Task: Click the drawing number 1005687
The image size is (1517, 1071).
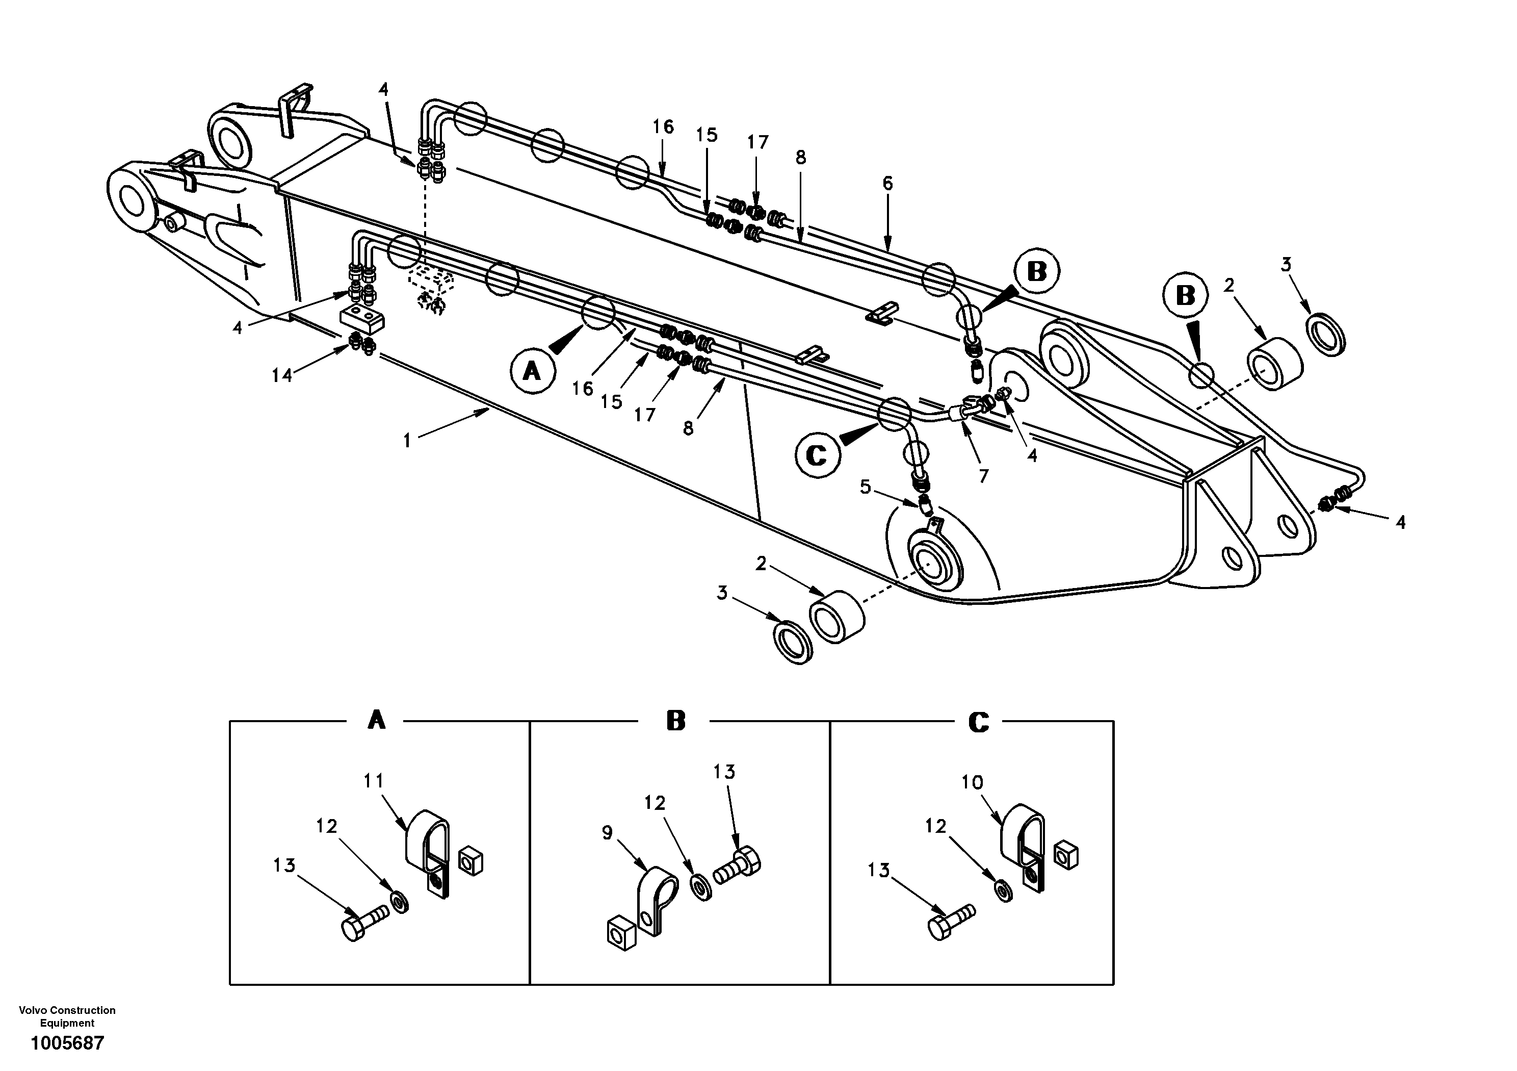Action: tap(67, 1043)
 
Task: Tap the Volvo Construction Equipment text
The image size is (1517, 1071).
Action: tap(67, 1016)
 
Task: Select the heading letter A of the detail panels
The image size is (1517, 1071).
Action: tap(376, 720)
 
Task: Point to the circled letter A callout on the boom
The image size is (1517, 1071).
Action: tap(532, 372)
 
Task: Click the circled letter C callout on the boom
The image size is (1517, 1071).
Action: tap(817, 454)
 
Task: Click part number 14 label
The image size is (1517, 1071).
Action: tap(281, 375)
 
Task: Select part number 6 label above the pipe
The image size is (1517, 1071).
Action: tap(887, 183)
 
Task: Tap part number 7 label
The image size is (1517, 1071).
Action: tap(984, 475)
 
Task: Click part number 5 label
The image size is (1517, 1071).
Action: tap(866, 488)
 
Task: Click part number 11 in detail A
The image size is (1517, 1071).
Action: tap(373, 781)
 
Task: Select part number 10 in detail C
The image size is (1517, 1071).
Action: tap(972, 782)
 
